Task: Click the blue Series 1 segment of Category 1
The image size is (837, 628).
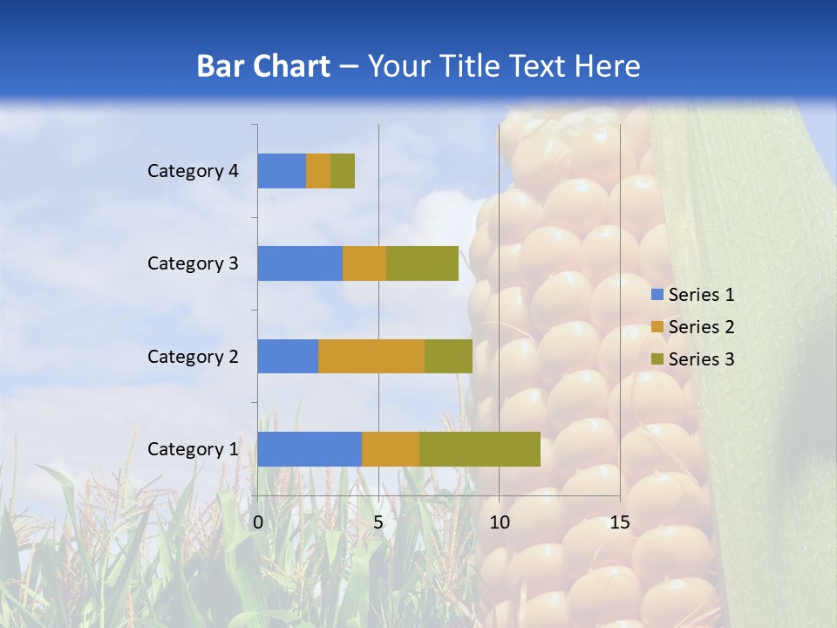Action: coord(310,449)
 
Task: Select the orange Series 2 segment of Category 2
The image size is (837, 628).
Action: coord(371,356)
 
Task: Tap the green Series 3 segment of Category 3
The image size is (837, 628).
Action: coord(422,263)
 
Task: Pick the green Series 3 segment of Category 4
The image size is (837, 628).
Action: coord(343,171)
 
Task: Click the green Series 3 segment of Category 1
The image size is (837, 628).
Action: coord(480,449)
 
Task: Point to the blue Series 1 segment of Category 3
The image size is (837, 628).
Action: coord(300,263)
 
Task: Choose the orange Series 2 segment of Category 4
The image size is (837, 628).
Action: coord(318,171)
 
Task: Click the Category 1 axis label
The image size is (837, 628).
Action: coord(193,449)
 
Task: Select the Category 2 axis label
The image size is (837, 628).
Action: coord(193,356)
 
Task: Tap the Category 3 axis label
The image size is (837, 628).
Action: coord(193,263)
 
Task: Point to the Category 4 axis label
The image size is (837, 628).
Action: coord(193,171)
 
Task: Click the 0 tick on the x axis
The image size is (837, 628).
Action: coord(258,522)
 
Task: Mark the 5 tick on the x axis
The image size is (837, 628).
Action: coord(378,522)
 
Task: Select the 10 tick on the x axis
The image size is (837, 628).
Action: coord(499,522)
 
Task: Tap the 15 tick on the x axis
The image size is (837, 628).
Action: coord(619,522)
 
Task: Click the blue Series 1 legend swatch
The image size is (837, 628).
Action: coord(657,295)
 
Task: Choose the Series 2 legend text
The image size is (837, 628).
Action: coord(701,327)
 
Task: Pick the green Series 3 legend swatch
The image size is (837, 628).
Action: coord(657,359)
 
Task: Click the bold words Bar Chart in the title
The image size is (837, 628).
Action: coord(262,66)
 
